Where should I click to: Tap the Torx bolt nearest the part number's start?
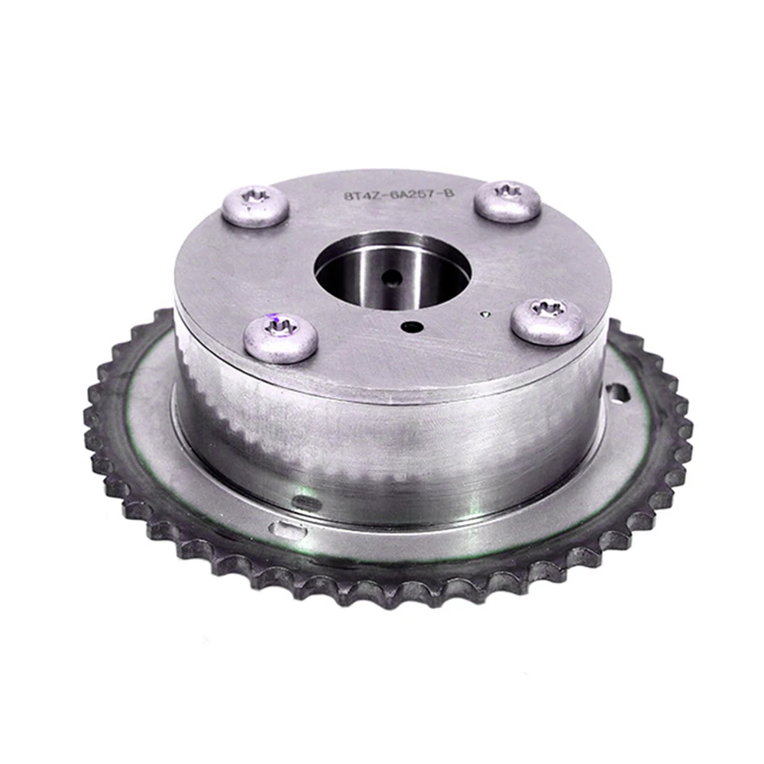pos(255,205)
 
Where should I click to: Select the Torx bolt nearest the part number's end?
pos(507,200)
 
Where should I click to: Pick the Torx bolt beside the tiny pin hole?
pos(548,320)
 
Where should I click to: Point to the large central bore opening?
pos(391,272)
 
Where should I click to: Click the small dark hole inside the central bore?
pos(393,277)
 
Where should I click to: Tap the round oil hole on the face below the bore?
pos(413,327)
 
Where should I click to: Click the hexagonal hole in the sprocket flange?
pos(616,394)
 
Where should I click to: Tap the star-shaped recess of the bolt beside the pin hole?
pos(549,310)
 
